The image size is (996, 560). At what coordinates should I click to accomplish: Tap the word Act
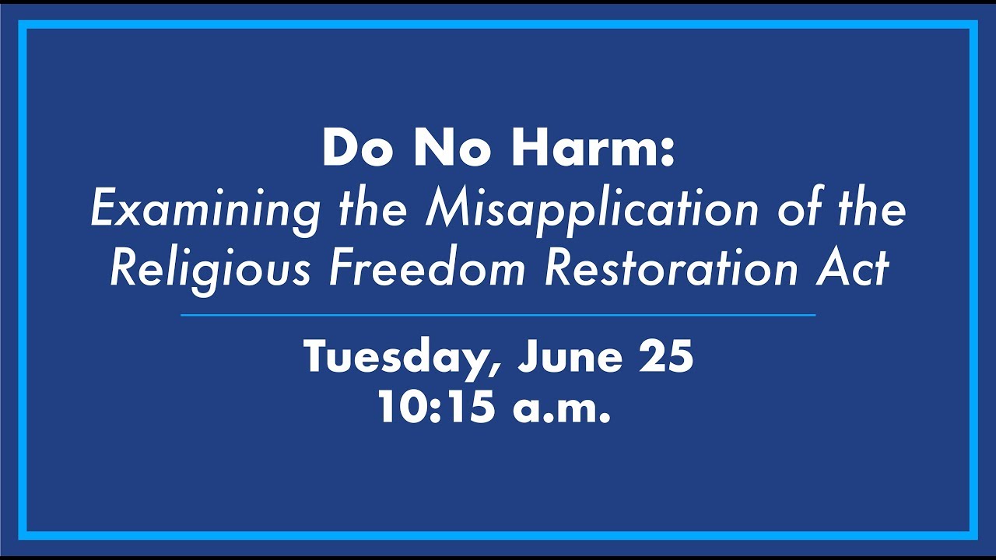coord(857,268)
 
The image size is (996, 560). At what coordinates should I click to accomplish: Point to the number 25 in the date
coord(665,357)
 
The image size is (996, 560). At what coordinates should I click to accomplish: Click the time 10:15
coord(436,407)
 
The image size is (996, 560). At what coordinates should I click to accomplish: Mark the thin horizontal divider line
coord(498,315)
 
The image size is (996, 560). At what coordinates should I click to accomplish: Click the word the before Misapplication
coord(373,210)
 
